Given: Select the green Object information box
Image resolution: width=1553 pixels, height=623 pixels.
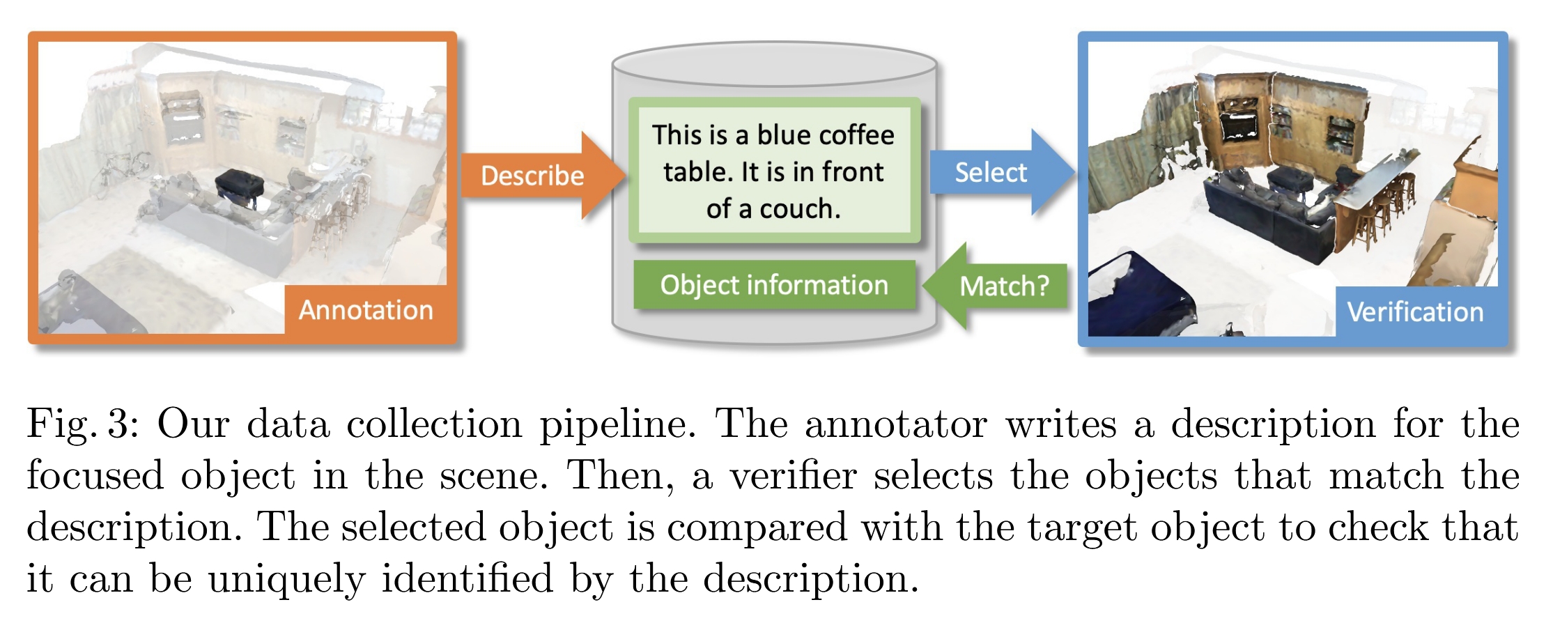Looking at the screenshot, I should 774,285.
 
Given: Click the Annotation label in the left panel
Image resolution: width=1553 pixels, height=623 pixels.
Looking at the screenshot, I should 366,310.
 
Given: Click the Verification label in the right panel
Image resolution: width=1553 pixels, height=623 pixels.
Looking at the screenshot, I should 1415,312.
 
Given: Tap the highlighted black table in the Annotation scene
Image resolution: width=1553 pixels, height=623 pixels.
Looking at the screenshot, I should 239,185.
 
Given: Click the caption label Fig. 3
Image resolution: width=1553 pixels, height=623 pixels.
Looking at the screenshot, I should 83,424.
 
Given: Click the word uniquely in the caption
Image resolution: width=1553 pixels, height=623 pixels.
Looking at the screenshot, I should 286,579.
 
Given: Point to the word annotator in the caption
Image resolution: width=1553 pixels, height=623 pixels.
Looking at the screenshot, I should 895,424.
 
